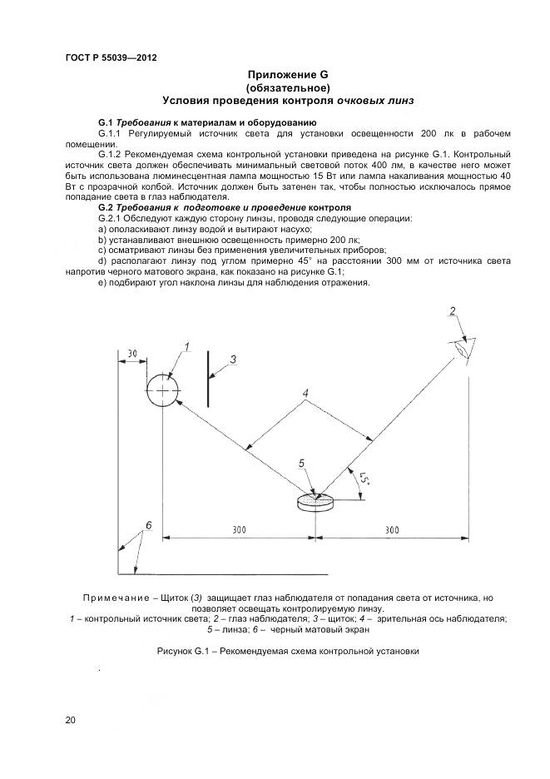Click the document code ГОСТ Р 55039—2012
[111, 57]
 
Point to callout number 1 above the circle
[187, 346]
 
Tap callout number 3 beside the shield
[233, 360]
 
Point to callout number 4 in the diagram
[305, 392]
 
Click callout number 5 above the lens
[302, 463]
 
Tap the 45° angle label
[364, 480]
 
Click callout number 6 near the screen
[148, 525]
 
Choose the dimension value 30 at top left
[132, 355]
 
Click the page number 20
[71, 720]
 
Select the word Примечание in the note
[116, 598]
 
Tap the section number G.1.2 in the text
[111, 155]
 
